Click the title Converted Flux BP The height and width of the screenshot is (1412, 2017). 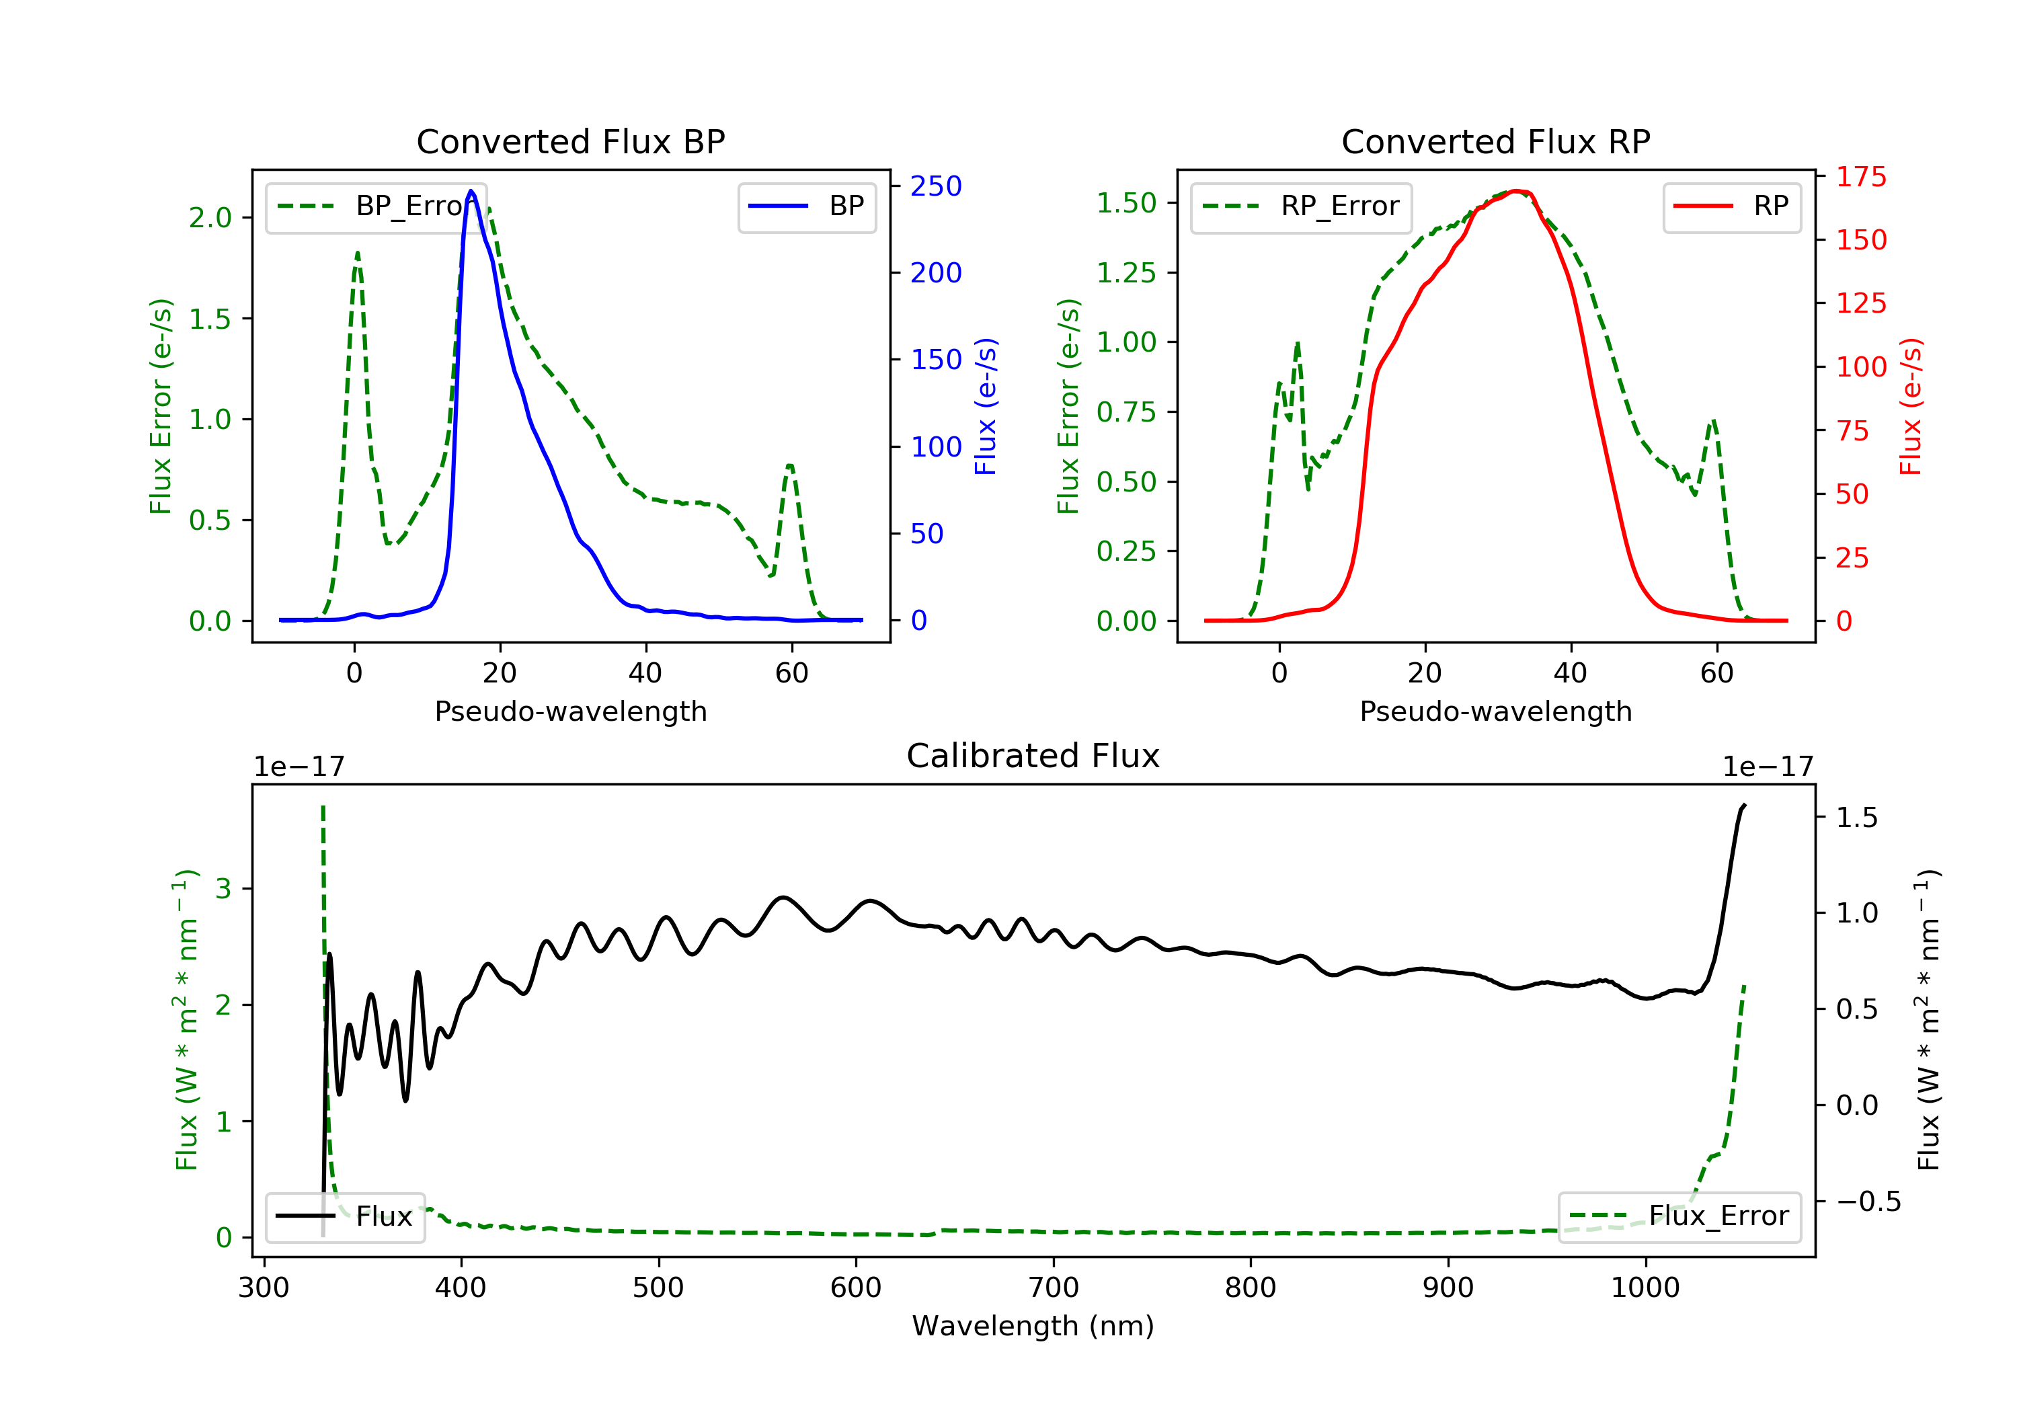point(570,141)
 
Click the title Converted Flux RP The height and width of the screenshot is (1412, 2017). point(1495,141)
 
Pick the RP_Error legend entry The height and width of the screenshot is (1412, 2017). point(1301,206)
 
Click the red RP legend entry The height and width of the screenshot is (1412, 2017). point(1731,206)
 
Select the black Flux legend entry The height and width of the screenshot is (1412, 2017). point(346,1216)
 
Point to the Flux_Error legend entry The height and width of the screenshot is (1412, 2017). point(1679,1216)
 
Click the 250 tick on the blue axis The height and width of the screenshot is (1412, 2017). point(936,186)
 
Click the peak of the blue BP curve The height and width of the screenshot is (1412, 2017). point(472,191)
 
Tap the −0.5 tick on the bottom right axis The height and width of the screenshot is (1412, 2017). point(1868,1201)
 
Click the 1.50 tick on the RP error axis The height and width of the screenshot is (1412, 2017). point(1126,203)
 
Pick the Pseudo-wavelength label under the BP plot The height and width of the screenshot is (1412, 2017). point(570,711)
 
